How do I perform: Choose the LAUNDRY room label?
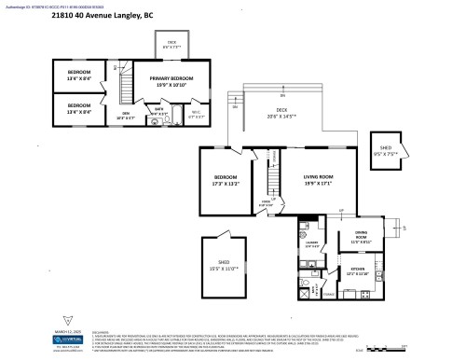point(310,245)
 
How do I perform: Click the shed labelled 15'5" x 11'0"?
point(224,266)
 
